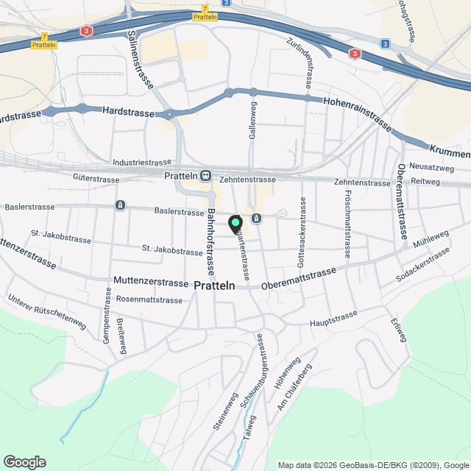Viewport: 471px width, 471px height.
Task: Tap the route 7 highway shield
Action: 45,35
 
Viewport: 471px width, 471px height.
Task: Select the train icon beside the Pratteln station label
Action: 205,176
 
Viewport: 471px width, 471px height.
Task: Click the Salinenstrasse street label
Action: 139,59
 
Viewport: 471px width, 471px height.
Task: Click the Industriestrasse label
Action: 142,162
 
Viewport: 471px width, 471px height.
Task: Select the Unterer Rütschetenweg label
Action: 48,312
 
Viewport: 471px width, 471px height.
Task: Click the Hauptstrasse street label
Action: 333,318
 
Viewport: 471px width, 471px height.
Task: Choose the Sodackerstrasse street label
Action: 422,266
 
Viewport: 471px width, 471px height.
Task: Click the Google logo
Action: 24,461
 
